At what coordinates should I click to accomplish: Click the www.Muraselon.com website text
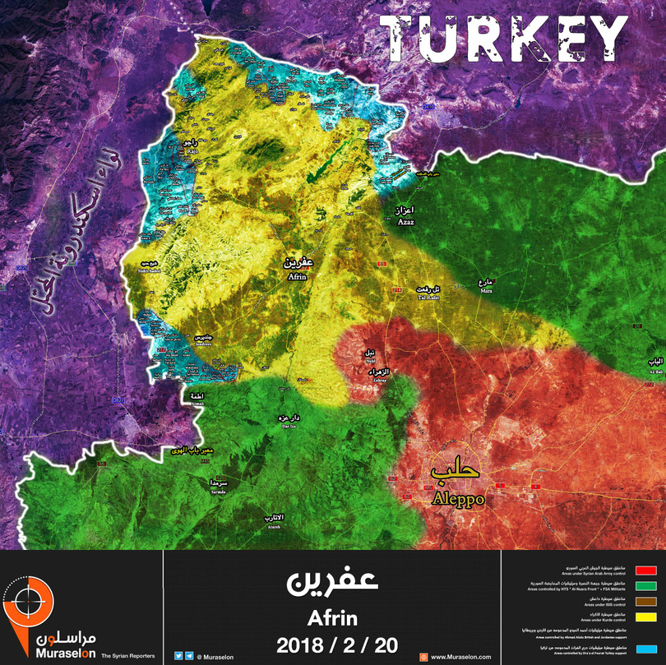click(x=460, y=657)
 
